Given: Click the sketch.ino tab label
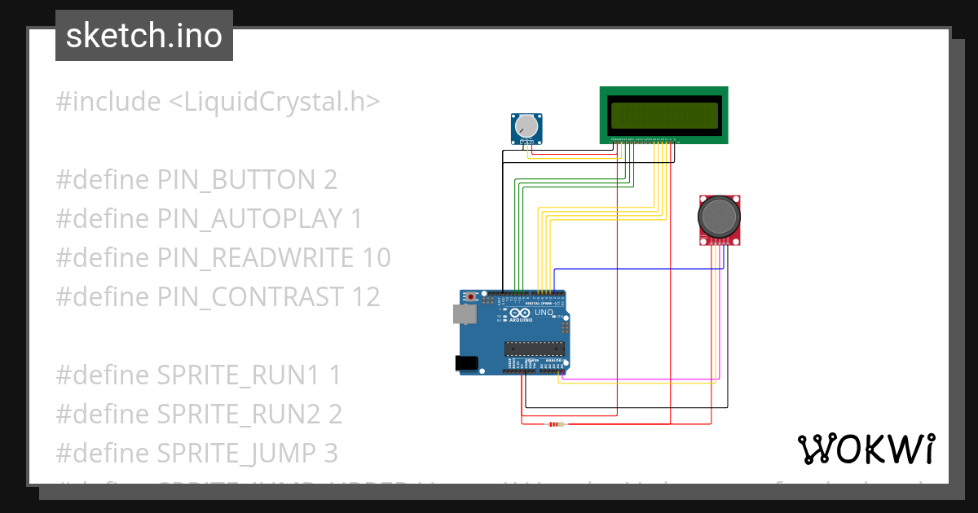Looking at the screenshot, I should (x=144, y=36).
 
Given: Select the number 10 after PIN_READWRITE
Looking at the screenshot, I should (x=373, y=257).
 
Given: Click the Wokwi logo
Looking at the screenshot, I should (x=866, y=449).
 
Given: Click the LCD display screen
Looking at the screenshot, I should (x=663, y=116).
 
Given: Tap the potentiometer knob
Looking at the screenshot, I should (x=527, y=126).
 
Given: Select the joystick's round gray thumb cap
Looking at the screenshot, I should (x=719, y=215).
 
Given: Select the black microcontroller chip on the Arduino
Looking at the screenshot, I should (x=534, y=349).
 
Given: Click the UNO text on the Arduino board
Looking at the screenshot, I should (x=544, y=313).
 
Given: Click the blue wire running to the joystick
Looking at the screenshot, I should (x=636, y=268).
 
